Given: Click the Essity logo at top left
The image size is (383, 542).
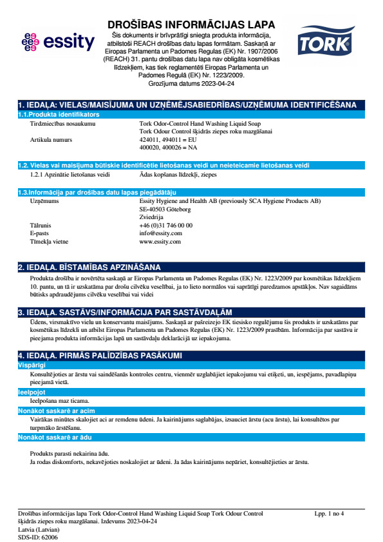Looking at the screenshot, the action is click(57, 43).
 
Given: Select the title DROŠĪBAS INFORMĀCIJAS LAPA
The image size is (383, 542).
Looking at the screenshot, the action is click(191, 24).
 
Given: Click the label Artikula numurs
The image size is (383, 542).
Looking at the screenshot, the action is click(51, 139).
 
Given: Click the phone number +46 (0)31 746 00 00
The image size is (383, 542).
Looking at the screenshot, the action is click(166, 225).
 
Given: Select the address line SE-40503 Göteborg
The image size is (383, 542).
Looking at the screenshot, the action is click(165, 209).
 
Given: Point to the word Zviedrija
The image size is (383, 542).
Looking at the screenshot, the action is click(152, 217).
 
